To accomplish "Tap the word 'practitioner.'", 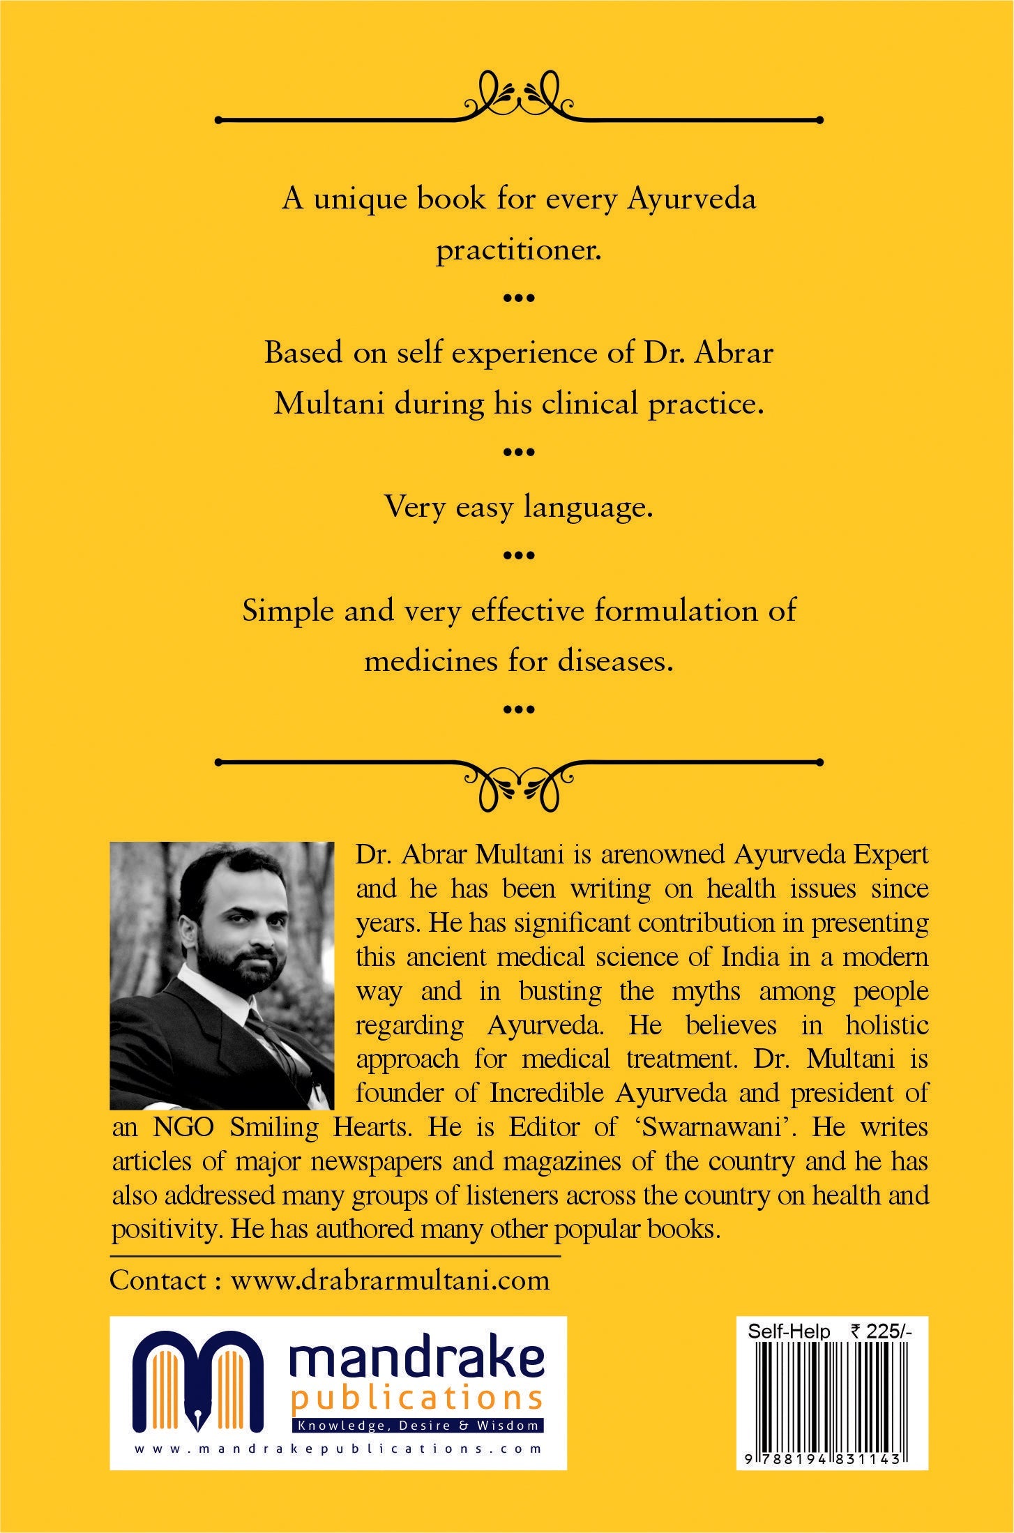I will coord(519,250).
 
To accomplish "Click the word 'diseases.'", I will coord(616,660).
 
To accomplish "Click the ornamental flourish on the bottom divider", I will coord(519,784).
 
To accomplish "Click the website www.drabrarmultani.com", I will coord(391,1281).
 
